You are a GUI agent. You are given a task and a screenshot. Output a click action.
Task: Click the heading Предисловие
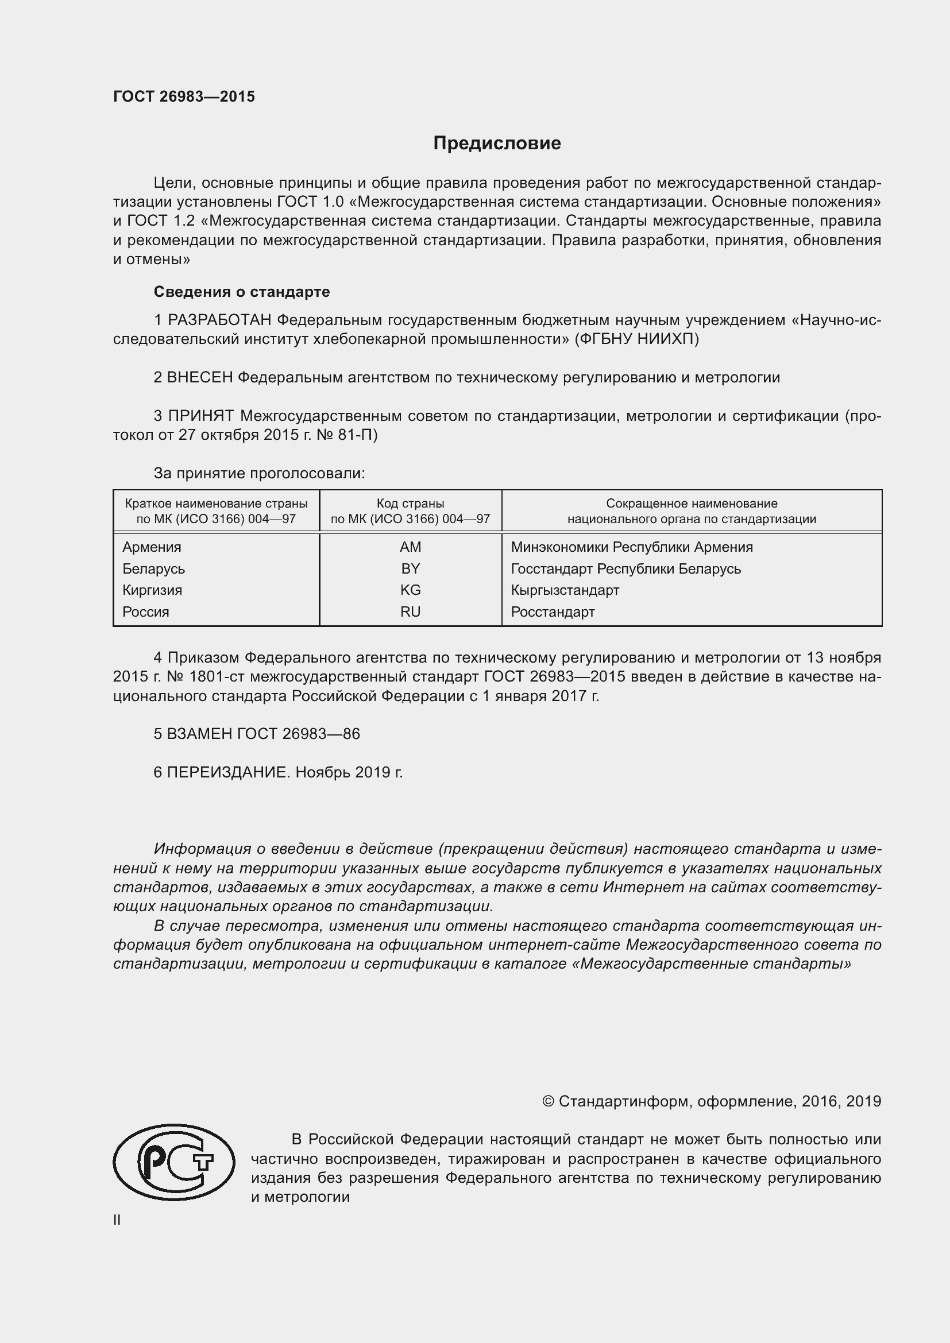497,144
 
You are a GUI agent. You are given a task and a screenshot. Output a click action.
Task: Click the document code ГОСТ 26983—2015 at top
184,97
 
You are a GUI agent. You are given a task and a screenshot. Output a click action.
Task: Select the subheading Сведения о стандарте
242,291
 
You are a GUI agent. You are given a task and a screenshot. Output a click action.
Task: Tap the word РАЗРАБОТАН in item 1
221,320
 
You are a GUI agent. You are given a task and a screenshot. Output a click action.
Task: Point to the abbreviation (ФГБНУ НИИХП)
637,339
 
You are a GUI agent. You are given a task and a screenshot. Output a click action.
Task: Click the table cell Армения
152,547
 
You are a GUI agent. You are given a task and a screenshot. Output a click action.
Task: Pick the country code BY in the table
410,568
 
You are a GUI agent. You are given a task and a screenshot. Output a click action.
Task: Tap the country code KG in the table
410,590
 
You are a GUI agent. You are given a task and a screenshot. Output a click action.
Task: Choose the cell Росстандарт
553,612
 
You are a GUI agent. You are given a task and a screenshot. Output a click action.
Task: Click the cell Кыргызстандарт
565,590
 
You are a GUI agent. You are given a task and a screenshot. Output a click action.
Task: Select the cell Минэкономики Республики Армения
632,547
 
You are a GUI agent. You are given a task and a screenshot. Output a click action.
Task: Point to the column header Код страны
410,503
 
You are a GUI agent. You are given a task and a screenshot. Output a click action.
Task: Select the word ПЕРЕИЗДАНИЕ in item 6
228,772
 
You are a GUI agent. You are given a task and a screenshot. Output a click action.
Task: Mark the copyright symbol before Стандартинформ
548,1101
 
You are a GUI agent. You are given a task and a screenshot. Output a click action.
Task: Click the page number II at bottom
117,1220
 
